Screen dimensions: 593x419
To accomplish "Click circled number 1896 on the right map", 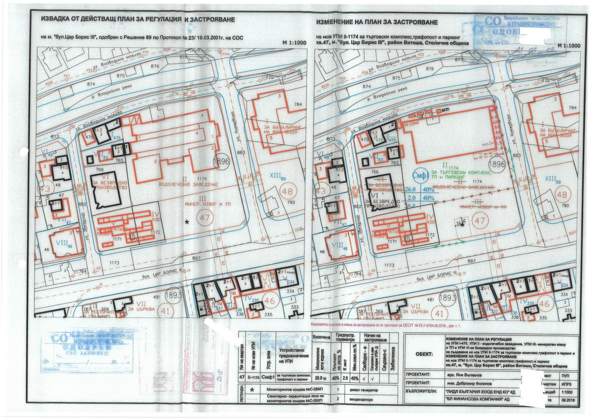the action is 499,163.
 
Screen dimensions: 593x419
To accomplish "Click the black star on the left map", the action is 187,222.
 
